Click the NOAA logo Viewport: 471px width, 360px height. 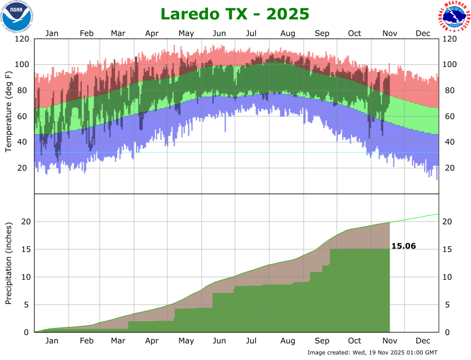17,16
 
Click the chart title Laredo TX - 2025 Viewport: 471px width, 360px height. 235,13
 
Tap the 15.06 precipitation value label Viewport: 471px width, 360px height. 403,246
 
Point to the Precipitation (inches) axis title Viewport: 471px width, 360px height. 9,263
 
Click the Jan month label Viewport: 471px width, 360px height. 52,33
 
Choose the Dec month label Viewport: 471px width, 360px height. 423,33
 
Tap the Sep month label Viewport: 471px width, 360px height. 322,33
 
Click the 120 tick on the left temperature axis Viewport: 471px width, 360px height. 23,39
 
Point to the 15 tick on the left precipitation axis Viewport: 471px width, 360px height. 25,249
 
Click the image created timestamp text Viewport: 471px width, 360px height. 372,352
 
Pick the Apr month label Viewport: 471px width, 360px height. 152,33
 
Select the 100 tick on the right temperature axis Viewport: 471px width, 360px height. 449,65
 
